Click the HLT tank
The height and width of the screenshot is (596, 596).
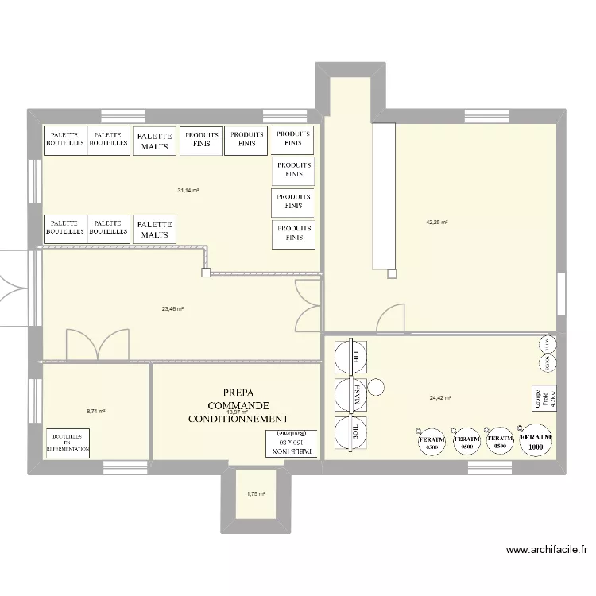click(350, 357)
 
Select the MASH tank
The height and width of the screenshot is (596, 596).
click(350, 394)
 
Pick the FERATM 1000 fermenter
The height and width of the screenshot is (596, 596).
click(535, 441)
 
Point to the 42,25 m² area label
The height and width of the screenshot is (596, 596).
click(437, 223)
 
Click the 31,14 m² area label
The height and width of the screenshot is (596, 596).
click(188, 191)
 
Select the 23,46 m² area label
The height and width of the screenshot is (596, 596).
click(172, 308)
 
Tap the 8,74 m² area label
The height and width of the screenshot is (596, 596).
click(96, 411)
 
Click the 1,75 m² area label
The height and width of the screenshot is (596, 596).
click(256, 493)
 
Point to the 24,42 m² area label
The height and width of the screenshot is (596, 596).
click(440, 398)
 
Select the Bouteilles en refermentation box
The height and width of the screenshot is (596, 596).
click(68, 443)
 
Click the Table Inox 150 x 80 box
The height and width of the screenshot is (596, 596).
click(292, 443)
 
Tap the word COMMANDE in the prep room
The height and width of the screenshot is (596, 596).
click(238, 405)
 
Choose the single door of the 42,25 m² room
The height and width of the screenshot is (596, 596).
click(391, 318)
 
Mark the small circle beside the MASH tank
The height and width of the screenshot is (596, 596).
click(377, 388)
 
